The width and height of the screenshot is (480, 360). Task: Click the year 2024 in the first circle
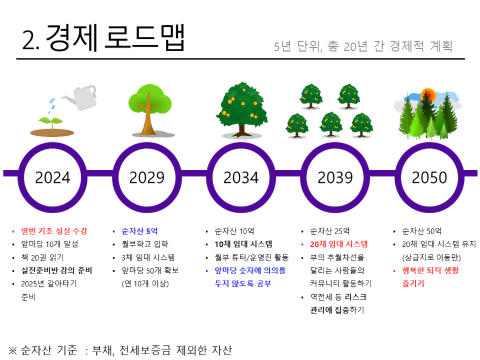pyautogui.click(x=53, y=177)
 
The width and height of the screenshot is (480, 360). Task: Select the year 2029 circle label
pyautogui.click(x=147, y=177)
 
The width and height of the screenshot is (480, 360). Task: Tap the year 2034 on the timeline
pyautogui.click(x=241, y=177)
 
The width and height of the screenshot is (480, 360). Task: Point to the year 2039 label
pyautogui.click(x=335, y=177)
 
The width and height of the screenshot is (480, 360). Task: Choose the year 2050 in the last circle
pyautogui.click(x=429, y=177)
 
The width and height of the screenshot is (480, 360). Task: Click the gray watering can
pyautogui.click(x=81, y=97)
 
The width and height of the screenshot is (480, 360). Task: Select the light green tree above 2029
pyautogui.click(x=150, y=109)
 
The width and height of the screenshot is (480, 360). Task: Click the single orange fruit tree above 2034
pyautogui.click(x=242, y=109)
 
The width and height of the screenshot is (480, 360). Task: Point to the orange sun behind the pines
pyautogui.click(x=428, y=95)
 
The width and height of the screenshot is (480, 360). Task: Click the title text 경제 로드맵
pyautogui.click(x=115, y=38)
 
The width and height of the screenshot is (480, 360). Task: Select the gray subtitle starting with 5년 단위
pyautogui.click(x=363, y=46)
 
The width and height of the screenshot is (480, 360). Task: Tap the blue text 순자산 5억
pyautogui.click(x=139, y=231)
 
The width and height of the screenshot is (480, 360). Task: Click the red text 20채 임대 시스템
pyautogui.click(x=339, y=244)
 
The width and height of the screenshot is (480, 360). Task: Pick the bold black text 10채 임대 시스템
pyautogui.click(x=243, y=244)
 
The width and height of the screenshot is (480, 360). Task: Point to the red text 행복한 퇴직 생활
pyautogui.click(x=431, y=271)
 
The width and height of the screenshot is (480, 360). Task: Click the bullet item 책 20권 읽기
pyautogui.click(x=42, y=257)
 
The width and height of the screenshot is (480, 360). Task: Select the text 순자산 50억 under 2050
pyautogui.click(x=422, y=231)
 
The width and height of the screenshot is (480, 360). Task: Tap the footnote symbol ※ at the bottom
pyautogui.click(x=13, y=350)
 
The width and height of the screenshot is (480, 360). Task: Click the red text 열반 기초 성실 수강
pyautogui.click(x=54, y=231)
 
